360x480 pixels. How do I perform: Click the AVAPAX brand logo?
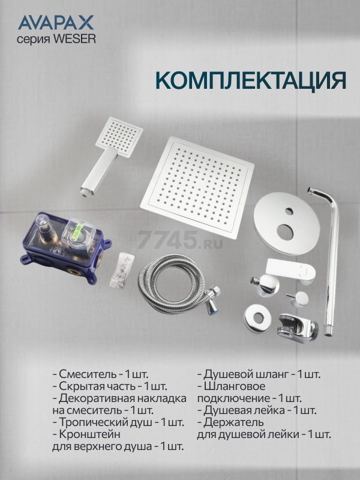56,23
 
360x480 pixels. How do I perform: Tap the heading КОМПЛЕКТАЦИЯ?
251,81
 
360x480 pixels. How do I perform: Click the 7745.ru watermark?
179,240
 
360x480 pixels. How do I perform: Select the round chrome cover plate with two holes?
287,223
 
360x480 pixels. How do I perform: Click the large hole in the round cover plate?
286,232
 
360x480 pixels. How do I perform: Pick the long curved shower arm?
326,260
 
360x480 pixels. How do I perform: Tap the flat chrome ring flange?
258,319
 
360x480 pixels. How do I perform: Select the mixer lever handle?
290,271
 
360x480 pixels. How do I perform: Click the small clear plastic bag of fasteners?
122,271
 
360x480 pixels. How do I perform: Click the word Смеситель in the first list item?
88,374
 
